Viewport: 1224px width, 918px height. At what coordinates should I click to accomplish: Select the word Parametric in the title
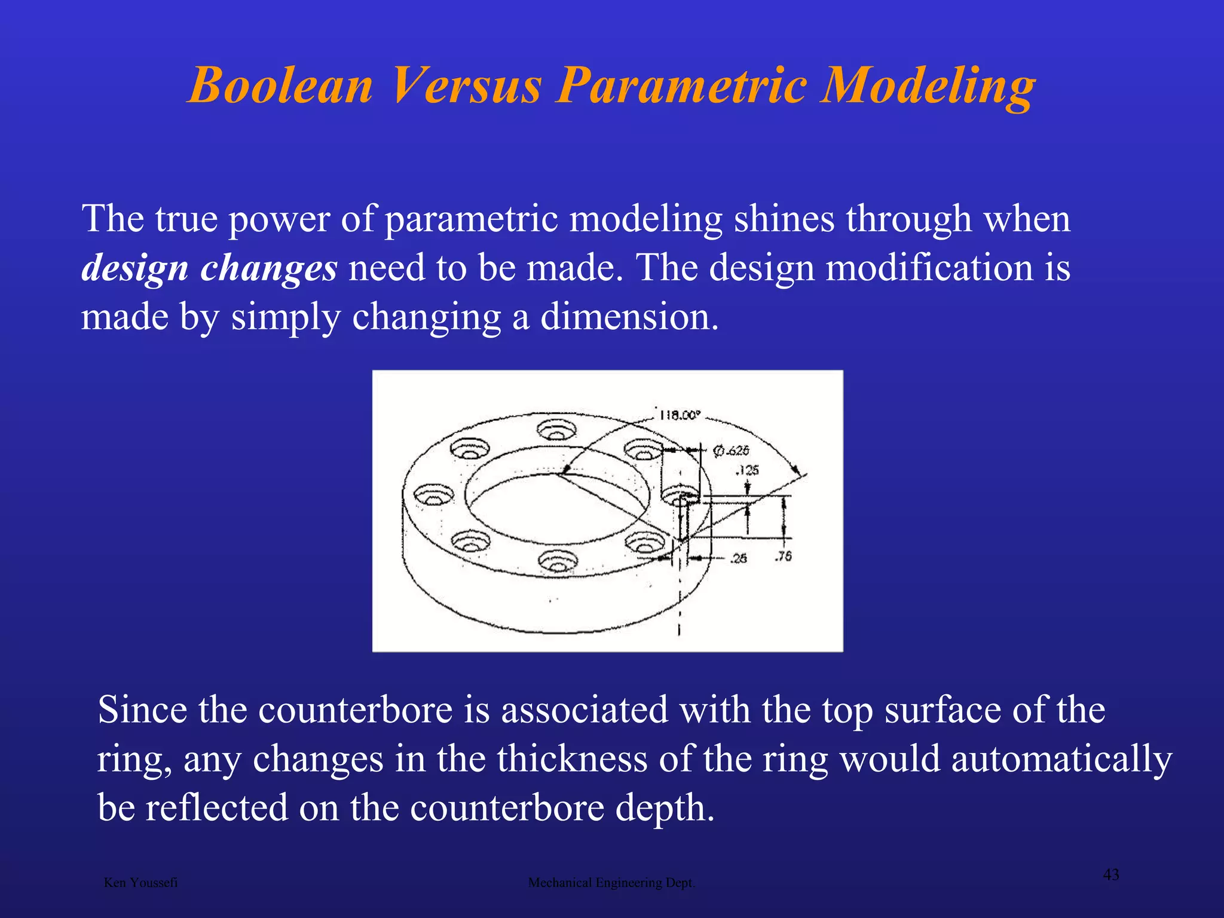point(681,85)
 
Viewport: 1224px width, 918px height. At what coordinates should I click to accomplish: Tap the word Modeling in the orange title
point(927,85)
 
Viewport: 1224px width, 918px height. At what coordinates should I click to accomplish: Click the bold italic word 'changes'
point(268,268)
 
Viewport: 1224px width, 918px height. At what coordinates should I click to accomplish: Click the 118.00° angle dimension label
point(679,415)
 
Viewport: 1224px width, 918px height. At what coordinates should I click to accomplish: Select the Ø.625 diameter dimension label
point(731,451)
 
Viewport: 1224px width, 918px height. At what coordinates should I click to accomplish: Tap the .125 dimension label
point(747,470)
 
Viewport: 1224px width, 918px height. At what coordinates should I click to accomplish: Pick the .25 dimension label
point(739,558)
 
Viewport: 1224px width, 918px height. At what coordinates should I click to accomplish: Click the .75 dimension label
point(783,556)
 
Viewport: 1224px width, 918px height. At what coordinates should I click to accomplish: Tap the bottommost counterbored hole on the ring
point(558,561)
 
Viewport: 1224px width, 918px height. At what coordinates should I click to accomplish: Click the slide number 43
point(1110,875)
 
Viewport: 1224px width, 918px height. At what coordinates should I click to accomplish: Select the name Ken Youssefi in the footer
point(140,883)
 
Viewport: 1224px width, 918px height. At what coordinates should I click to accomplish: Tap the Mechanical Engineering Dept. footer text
point(611,883)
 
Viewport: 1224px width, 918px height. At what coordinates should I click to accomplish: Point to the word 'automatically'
point(1061,759)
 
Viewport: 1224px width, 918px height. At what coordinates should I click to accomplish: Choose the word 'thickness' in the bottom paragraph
point(572,759)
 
